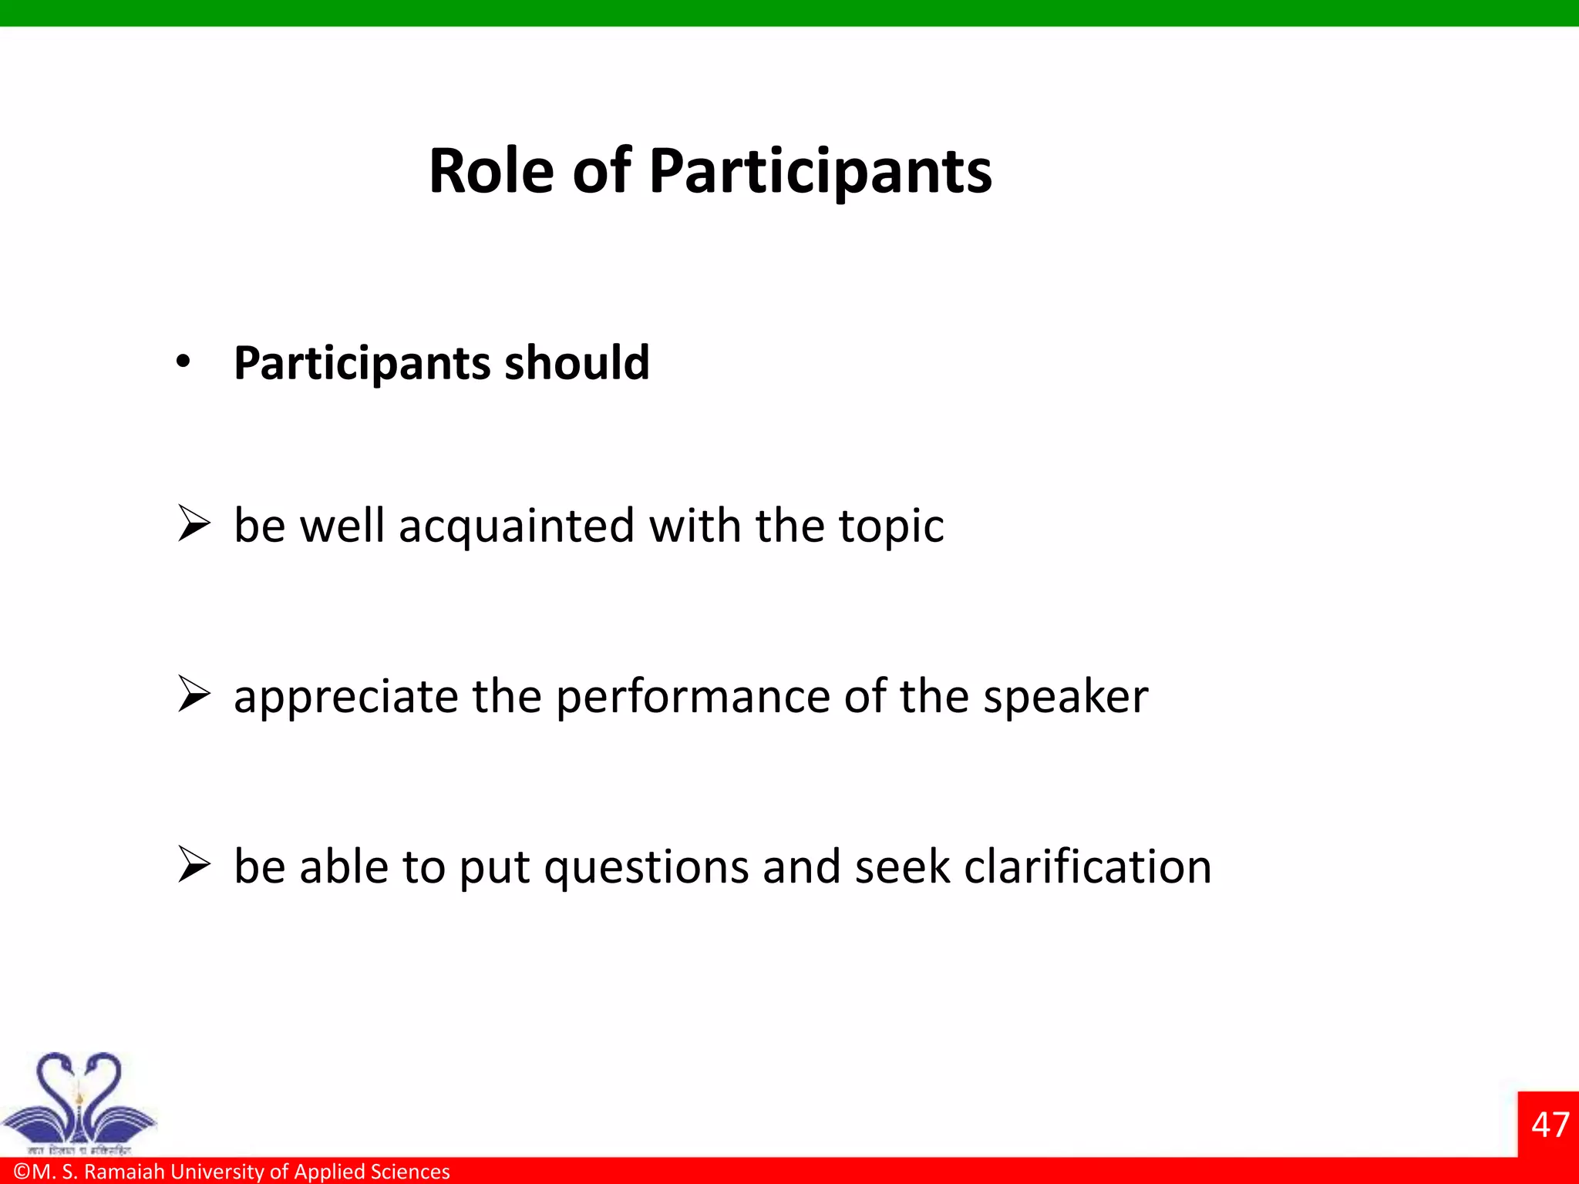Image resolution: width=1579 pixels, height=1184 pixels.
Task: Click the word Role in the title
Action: [x=490, y=171]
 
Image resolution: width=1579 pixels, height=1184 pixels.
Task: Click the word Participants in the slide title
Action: [x=820, y=171]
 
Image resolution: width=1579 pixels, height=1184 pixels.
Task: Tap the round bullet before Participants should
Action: [x=183, y=361]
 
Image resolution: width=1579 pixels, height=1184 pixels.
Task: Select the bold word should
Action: [x=577, y=362]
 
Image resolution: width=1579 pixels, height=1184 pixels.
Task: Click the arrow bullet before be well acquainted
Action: [x=194, y=523]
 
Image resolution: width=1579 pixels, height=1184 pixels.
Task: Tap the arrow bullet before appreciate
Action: [x=194, y=694]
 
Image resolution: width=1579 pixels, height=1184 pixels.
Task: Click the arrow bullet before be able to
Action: [x=194, y=864]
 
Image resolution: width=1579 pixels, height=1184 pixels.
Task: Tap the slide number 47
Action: [x=1550, y=1125]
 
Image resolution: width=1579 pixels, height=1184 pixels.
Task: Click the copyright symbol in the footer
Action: [x=22, y=1172]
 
